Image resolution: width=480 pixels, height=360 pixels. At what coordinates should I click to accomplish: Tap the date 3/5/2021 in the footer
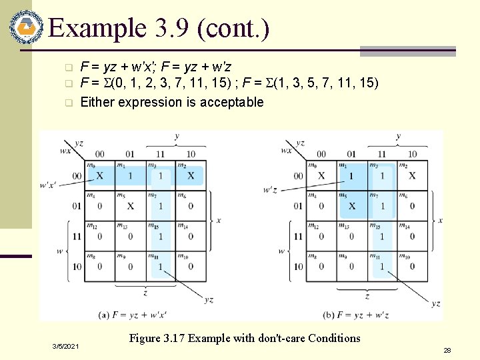[x=66, y=347]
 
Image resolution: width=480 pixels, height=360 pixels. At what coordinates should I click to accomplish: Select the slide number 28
[x=447, y=349]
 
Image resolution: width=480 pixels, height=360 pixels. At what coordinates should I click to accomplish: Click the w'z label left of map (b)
[x=271, y=190]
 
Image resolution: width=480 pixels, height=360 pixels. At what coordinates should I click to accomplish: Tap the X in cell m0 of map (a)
[x=100, y=176]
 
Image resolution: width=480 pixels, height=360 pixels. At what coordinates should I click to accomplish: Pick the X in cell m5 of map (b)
[x=352, y=206]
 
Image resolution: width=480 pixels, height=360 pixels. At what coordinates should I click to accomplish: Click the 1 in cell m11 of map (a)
[x=160, y=267]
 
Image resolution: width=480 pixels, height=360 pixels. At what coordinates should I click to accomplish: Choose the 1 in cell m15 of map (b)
[x=382, y=236]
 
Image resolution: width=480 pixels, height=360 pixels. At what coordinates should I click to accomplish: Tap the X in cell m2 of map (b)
[x=412, y=176]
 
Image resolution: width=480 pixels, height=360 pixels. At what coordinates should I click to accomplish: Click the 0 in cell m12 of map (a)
[x=100, y=236]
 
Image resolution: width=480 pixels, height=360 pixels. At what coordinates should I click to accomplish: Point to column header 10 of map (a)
[x=191, y=154]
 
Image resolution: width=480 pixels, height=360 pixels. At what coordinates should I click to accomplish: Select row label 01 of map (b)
[x=298, y=206]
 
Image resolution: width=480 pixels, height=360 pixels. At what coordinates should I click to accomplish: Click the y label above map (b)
[x=398, y=136]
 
